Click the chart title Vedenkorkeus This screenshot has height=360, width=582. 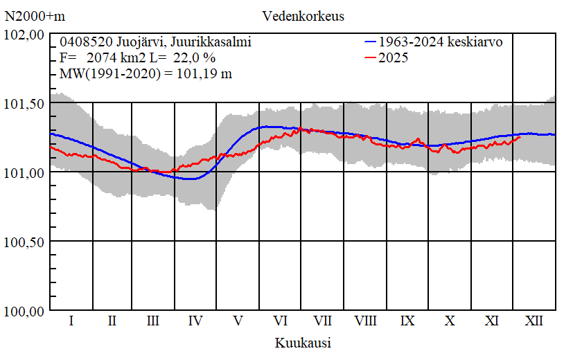303,15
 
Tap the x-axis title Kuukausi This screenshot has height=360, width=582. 303,343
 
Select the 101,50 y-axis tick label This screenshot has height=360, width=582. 25,103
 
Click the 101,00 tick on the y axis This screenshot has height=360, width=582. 25,172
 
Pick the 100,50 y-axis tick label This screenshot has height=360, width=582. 25,242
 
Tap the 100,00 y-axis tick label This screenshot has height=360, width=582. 25,311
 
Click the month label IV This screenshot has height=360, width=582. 196,321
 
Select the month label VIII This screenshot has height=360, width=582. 365,321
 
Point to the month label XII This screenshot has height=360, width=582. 533,321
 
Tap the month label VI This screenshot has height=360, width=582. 281,321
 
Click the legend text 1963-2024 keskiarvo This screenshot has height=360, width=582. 441,42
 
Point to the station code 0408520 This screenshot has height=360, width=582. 83,42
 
